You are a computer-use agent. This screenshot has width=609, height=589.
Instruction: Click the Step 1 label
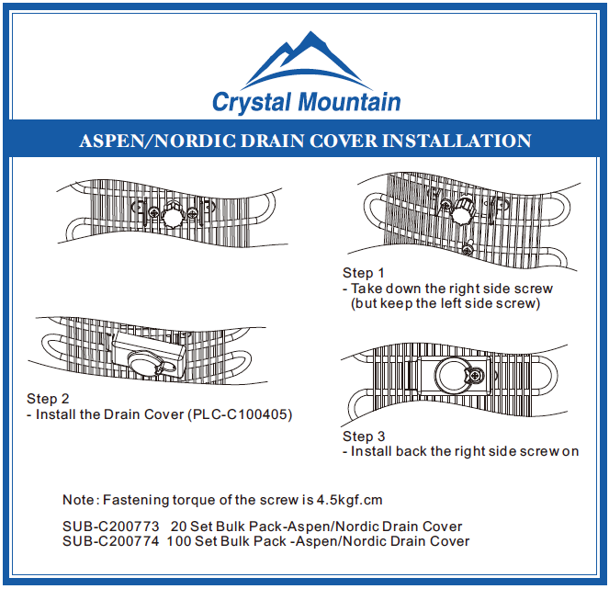pyautogui.click(x=364, y=273)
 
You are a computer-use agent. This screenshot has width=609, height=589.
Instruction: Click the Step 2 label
pyautogui.click(x=48, y=399)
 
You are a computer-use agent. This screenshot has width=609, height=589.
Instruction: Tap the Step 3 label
pyautogui.click(x=364, y=436)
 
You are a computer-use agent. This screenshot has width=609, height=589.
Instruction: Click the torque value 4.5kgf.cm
pyautogui.click(x=349, y=500)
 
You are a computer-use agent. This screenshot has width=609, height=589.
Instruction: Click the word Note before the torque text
pyautogui.click(x=78, y=500)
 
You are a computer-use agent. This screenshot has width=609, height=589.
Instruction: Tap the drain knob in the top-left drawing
pyautogui.click(x=172, y=217)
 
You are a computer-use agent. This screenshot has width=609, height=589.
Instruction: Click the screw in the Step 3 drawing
pyautogui.click(x=475, y=375)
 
